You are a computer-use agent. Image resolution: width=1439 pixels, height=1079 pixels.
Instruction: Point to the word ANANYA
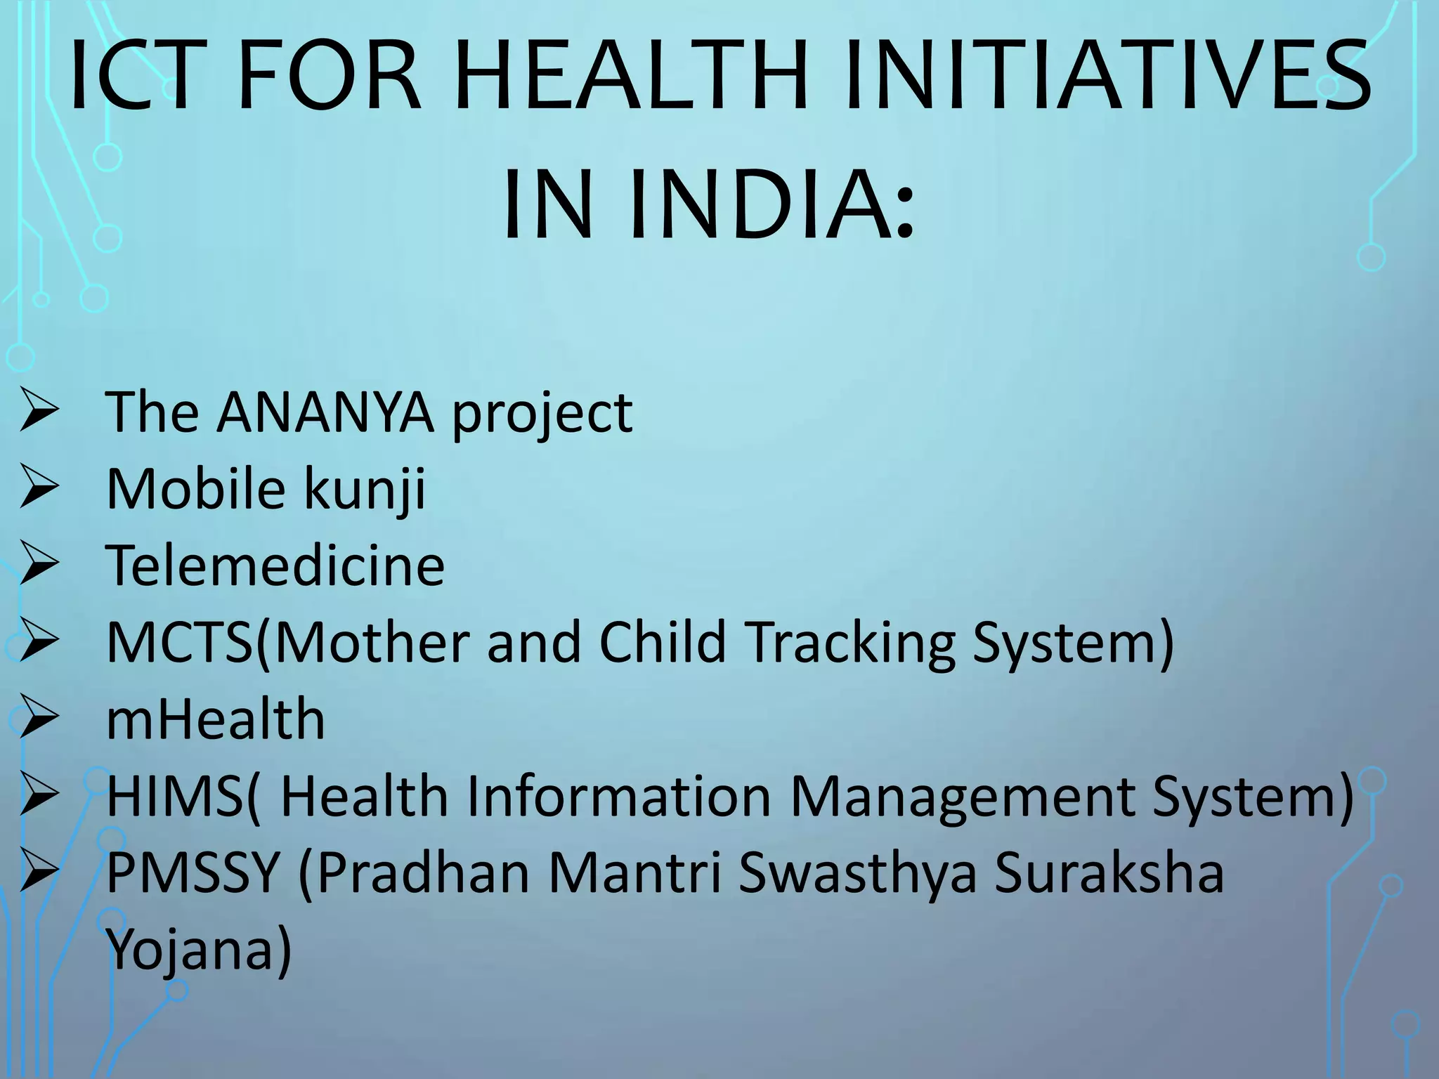pyautogui.click(x=325, y=412)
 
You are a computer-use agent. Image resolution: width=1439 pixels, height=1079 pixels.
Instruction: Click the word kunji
pyautogui.click(x=364, y=490)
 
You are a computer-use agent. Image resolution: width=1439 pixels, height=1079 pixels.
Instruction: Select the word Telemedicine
pyautogui.click(x=275, y=565)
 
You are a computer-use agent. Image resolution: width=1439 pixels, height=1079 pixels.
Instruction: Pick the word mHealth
pyautogui.click(x=215, y=719)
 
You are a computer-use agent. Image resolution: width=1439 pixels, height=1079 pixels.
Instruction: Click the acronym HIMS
pyautogui.click(x=174, y=796)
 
